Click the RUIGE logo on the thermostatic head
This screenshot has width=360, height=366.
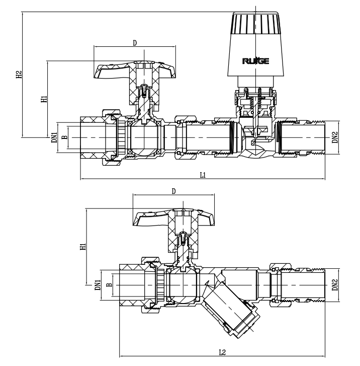click(255, 61)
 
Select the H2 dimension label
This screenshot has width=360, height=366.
click(19, 76)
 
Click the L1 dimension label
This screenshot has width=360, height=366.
click(202, 175)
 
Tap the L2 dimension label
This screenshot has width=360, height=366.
click(222, 352)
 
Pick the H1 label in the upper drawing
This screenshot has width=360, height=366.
click(44, 99)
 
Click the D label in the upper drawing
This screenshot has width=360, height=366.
click(134, 43)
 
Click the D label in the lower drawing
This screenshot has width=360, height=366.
click(173, 191)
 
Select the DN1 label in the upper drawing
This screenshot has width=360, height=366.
click(54, 137)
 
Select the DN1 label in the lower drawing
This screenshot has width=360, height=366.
click(99, 285)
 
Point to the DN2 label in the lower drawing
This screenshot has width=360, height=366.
click(335, 285)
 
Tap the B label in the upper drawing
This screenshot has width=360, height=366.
click(63, 137)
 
